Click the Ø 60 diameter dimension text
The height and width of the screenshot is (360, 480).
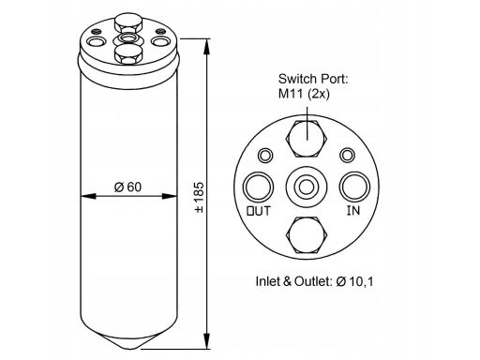tap(127, 187)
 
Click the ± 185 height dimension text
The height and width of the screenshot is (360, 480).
tap(199, 198)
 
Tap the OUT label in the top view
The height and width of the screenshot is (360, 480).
tap(259, 211)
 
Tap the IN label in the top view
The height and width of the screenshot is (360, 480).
tap(353, 211)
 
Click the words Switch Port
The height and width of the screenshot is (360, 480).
tap(313, 79)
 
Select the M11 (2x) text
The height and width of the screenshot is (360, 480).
tap(304, 94)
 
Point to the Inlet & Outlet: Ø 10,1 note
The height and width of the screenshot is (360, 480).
tap(314, 281)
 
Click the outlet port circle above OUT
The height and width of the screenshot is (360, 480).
tap(258, 187)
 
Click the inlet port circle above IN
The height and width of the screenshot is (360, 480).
tap(354, 187)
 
